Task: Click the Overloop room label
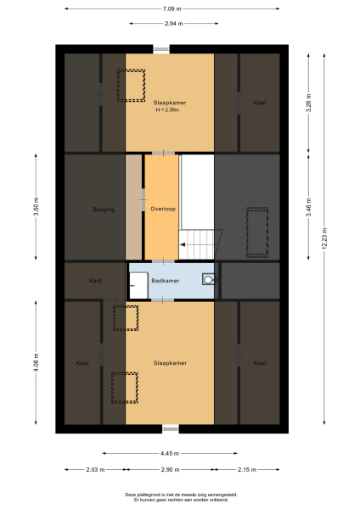pos(161,208)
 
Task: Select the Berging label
pos(104,208)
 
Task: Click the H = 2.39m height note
pos(170,110)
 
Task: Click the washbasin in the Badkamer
pos(208,279)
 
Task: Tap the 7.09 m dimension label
pos(172,8)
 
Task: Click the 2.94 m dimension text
pos(171,23)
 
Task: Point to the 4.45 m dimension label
pos(171,453)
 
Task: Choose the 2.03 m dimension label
pos(94,469)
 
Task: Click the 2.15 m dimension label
pos(246,469)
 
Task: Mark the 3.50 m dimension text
pos(36,208)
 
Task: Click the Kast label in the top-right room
pos(259,103)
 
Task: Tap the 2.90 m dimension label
pos(170,469)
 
